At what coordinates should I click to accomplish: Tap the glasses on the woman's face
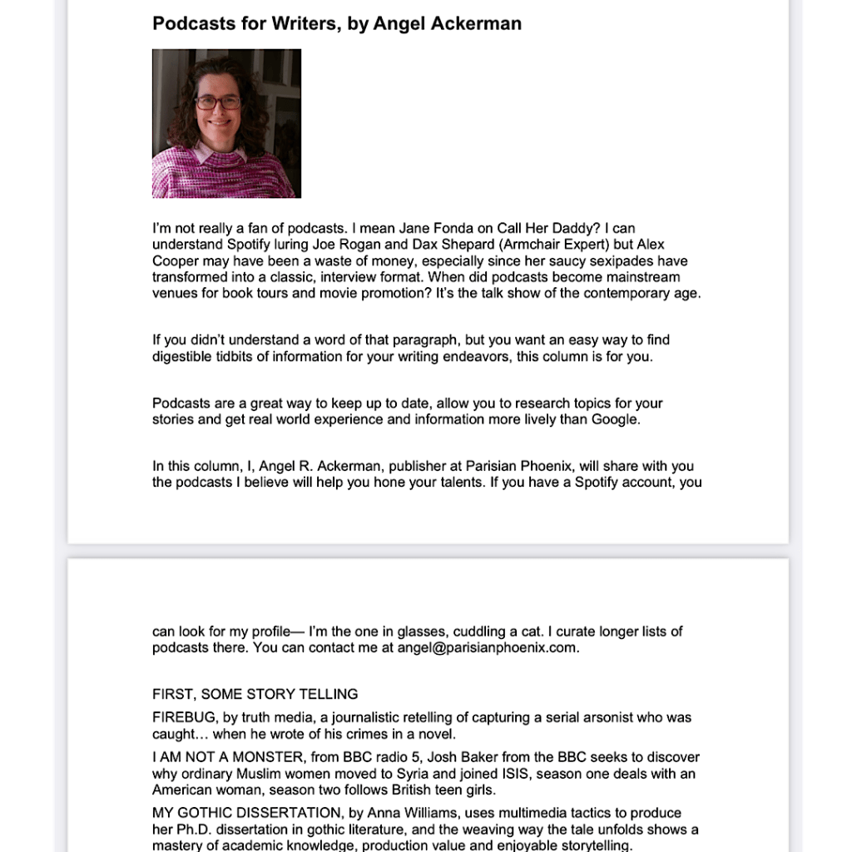[x=217, y=102]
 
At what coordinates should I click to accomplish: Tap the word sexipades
[x=591, y=261]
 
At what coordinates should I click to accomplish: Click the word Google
[x=614, y=419]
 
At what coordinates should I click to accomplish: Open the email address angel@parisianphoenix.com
[x=485, y=648]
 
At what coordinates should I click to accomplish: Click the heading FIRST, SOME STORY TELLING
[x=255, y=694]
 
